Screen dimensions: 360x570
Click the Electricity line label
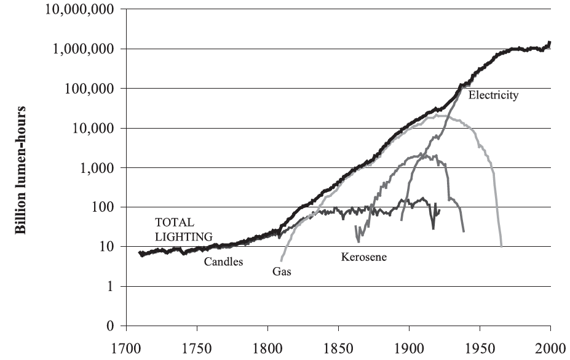tap(493, 95)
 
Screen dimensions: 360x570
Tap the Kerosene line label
tap(364, 257)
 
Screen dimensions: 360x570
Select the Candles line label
tap(224, 262)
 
